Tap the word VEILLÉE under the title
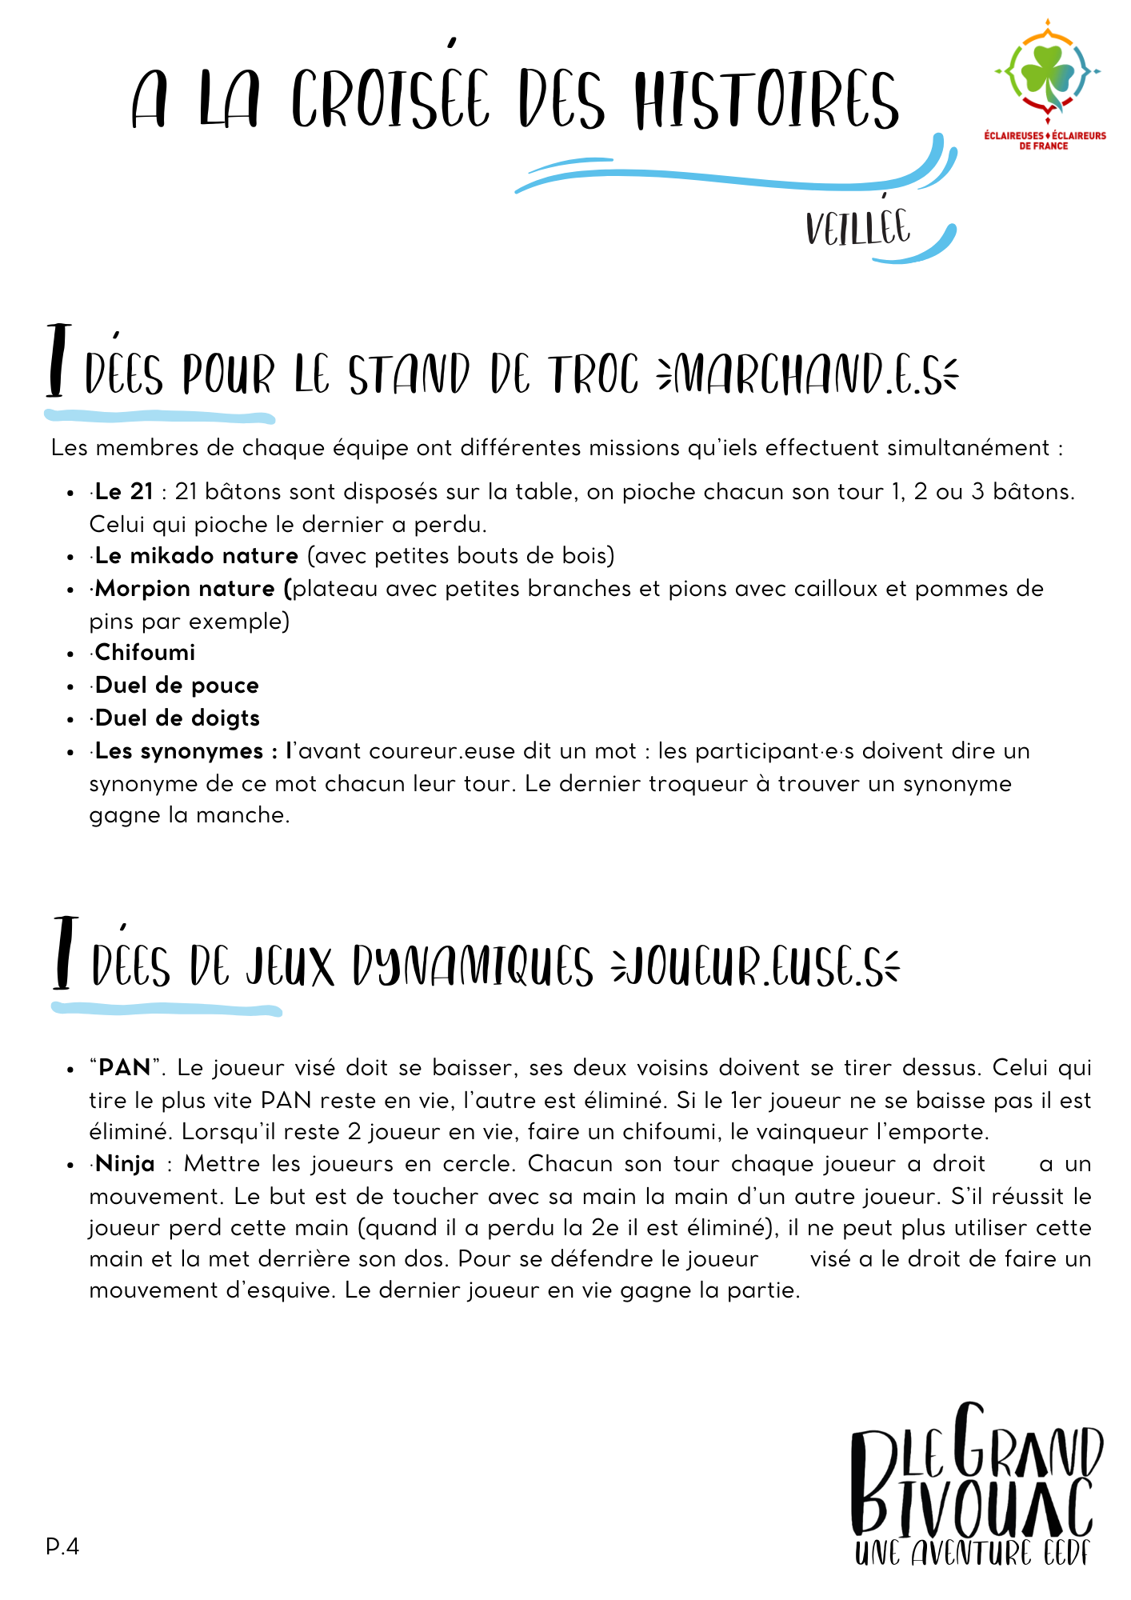(857, 229)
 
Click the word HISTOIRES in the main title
(766, 99)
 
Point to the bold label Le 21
(124, 491)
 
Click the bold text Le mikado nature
(197, 555)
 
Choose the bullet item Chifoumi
(145, 652)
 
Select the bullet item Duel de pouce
(177, 685)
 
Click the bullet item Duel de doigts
(178, 718)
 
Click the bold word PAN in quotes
(124, 1067)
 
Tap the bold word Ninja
(125, 1163)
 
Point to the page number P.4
(62, 1546)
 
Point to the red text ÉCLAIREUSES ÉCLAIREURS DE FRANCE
(1045, 141)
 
